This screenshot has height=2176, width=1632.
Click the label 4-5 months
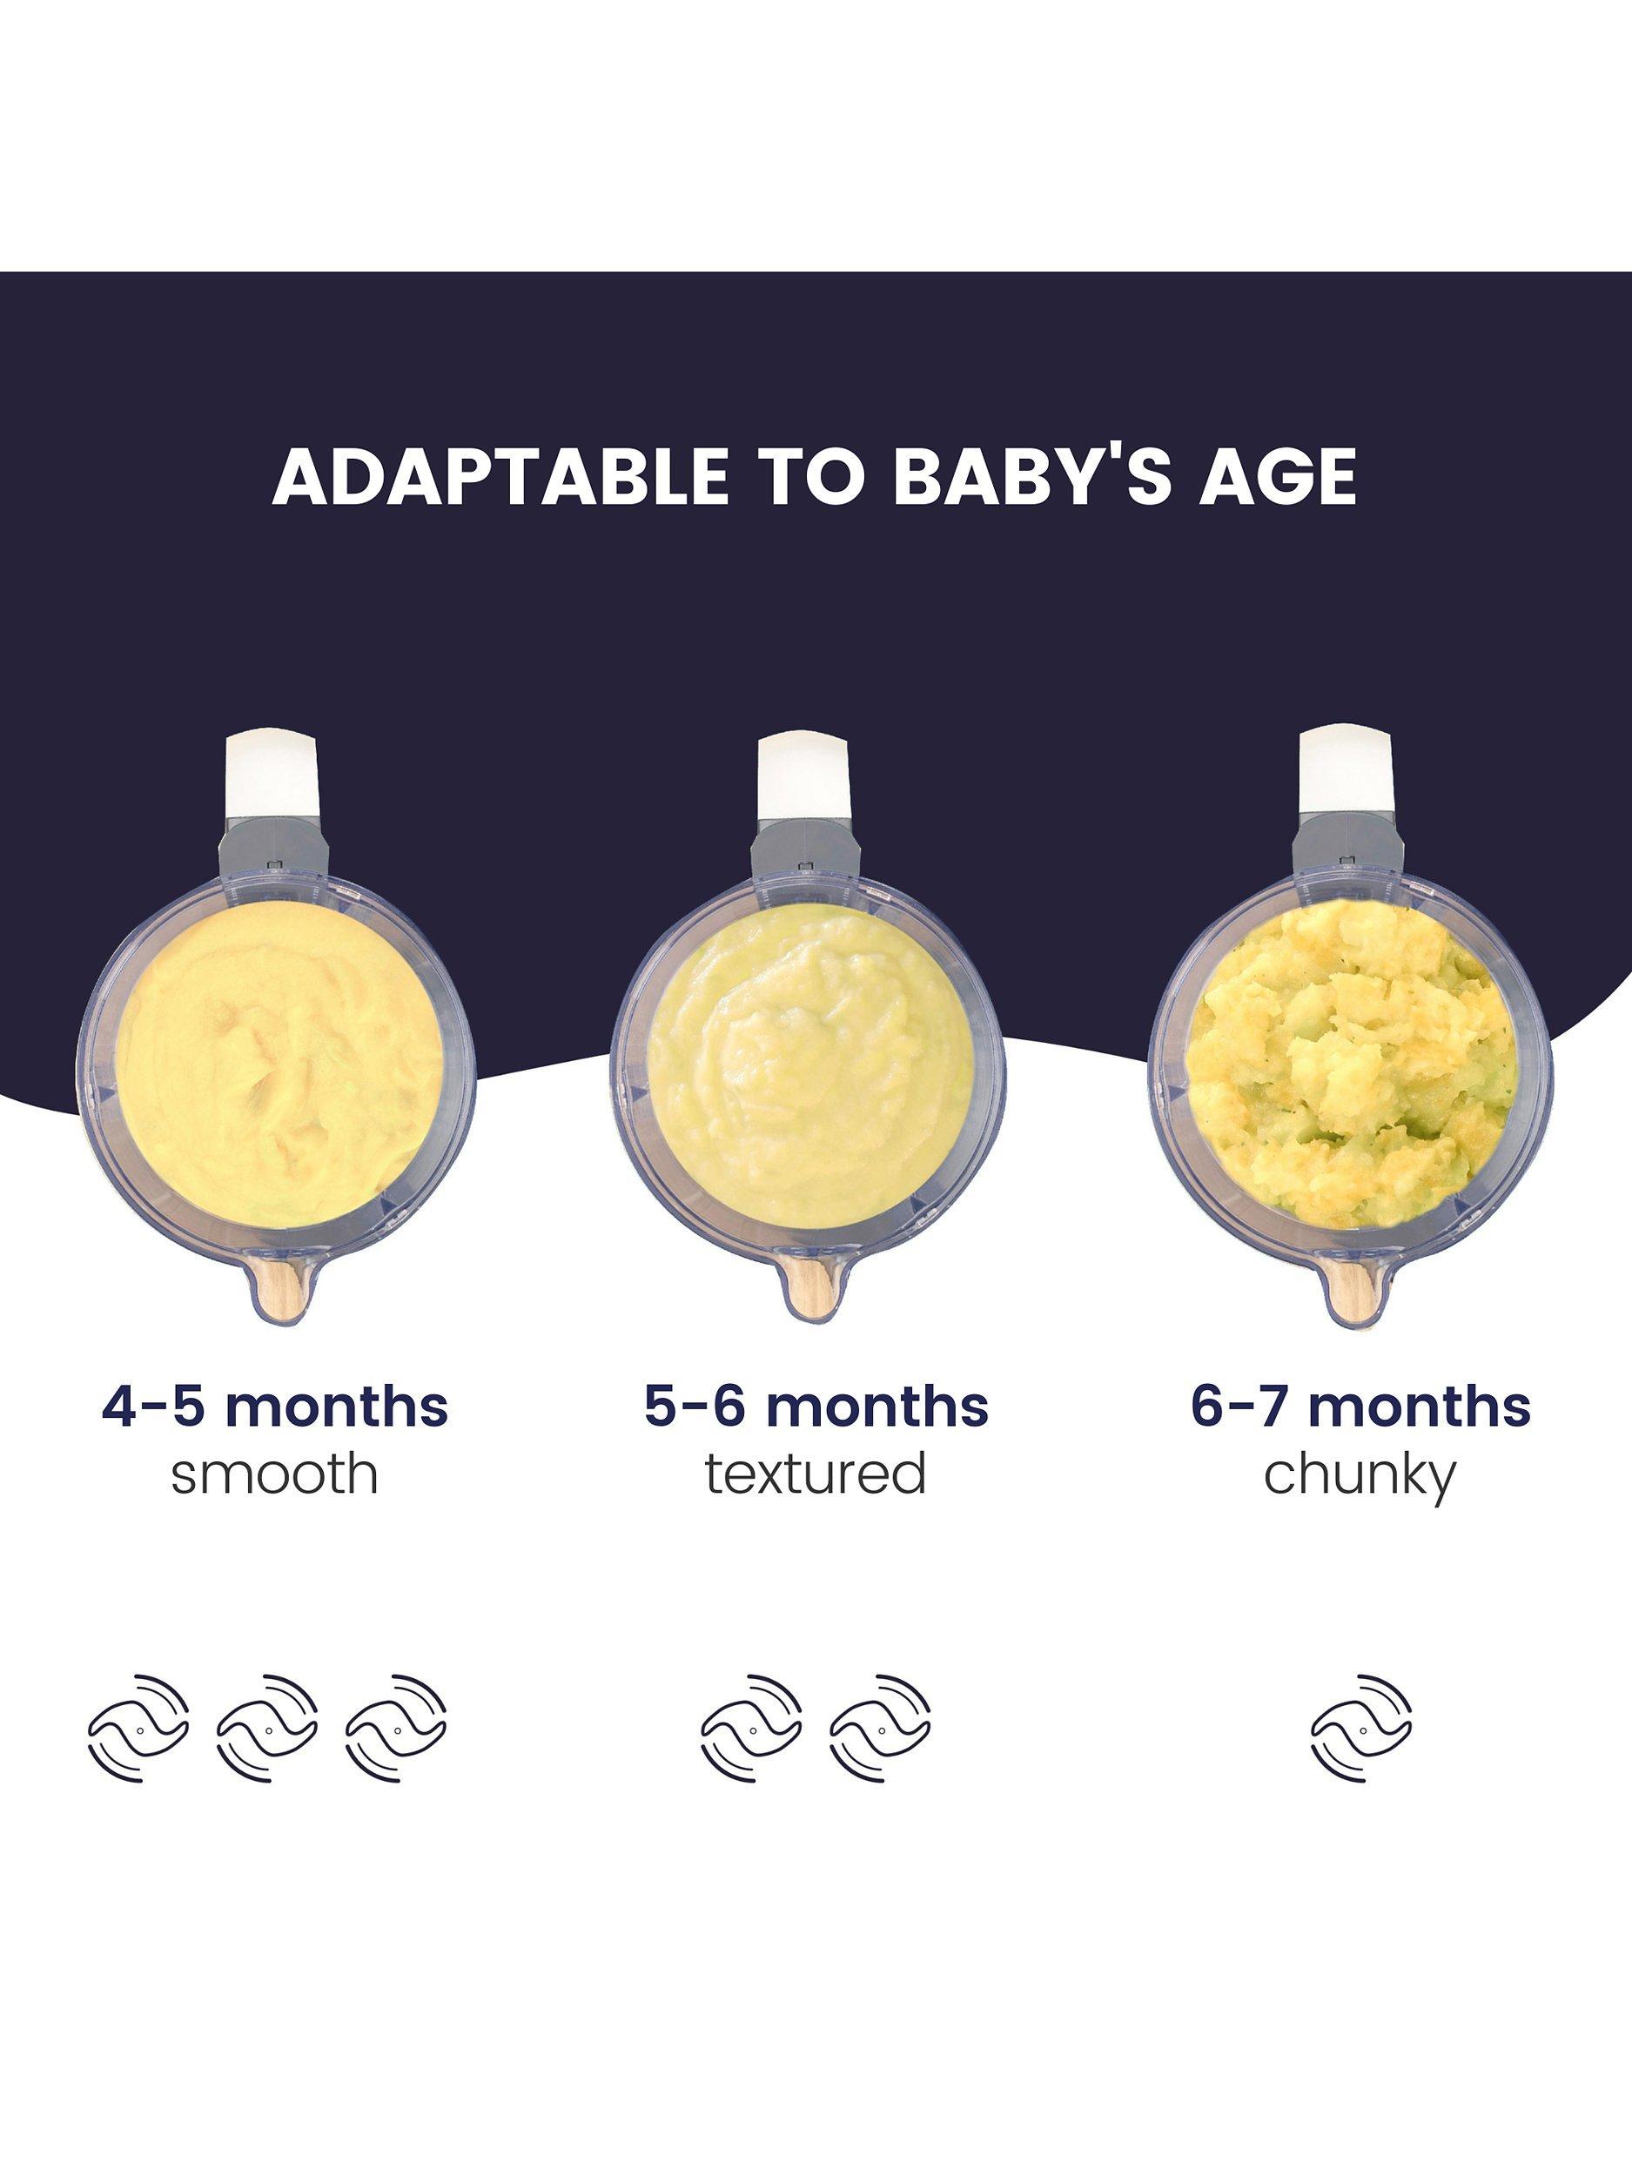tap(274, 1407)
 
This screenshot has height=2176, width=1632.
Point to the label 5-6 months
tap(816, 1407)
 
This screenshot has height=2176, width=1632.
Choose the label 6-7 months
tap(1360, 1407)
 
